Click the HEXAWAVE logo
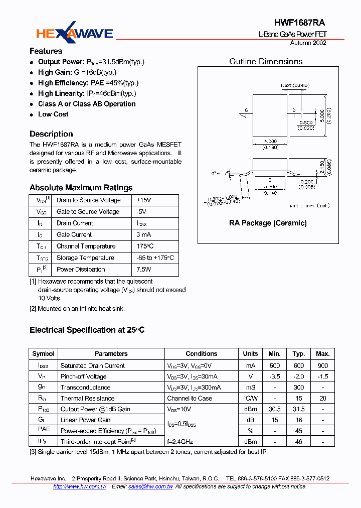75,33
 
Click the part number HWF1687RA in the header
300,23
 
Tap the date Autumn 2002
308,43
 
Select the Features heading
46,51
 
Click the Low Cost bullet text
53,114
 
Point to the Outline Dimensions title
266,62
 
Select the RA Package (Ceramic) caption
268,223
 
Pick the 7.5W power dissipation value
144,269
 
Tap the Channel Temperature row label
86,246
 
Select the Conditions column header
202,354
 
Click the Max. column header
322,354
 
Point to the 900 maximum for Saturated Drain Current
322,365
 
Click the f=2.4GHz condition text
180,442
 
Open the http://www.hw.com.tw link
79,486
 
